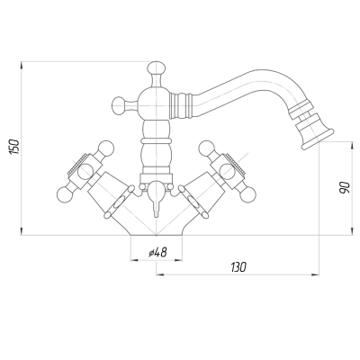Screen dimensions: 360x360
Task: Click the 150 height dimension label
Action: (14, 147)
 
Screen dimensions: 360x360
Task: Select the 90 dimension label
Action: (345, 188)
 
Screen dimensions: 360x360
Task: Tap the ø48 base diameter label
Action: (157, 253)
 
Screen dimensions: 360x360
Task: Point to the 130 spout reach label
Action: (238, 266)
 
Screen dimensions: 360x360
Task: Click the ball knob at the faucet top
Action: (157, 67)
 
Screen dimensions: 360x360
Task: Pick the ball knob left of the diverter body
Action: (118, 104)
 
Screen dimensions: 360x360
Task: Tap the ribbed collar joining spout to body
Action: (181, 105)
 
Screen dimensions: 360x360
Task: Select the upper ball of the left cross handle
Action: (107, 148)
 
